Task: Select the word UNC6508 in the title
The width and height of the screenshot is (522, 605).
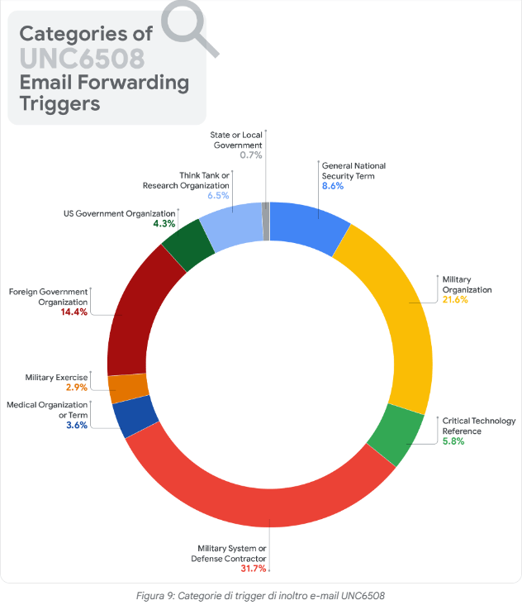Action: pyautogui.click(x=82, y=59)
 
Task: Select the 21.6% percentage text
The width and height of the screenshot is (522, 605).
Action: pyautogui.click(x=454, y=300)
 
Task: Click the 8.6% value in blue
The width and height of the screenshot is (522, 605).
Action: pyautogui.click(x=332, y=186)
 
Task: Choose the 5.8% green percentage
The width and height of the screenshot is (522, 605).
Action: pyautogui.click(x=453, y=441)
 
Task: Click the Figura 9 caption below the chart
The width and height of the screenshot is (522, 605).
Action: pyautogui.click(x=260, y=595)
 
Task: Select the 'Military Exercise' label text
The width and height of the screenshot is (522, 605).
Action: pyautogui.click(x=55, y=377)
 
